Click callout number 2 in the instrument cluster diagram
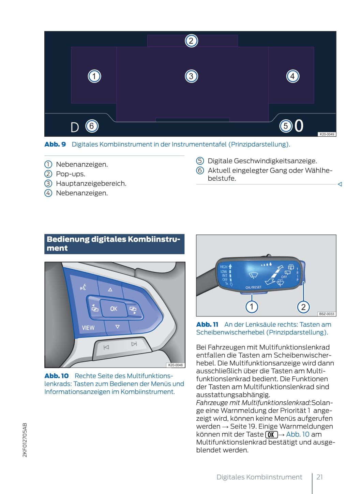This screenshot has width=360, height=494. click(x=191, y=41)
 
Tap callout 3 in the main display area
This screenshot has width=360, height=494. click(x=191, y=76)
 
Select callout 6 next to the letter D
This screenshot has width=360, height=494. click(x=92, y=126)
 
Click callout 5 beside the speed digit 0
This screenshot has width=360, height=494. click(x=286, y=126)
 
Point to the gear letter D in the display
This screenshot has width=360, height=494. click(x=75, y=128)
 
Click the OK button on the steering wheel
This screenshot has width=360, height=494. click(x=114, y=309)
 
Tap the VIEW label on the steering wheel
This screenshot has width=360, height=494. click(x=88, y=328)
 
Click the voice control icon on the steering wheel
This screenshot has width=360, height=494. click(x=83, y=287)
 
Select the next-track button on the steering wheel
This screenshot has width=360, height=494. click(x=134, y=344)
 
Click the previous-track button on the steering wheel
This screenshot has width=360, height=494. click(x=106, y=347)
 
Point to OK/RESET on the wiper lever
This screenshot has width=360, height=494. click(x=253, y=287)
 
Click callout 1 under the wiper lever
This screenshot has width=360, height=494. click(x=252, y=306)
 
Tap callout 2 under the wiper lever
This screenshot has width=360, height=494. click(x=303, y=307)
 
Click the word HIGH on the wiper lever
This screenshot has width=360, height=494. click(x=224, y=267)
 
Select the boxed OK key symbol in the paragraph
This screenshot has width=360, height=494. click(x=271, y=435)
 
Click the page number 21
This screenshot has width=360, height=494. click(x=319, y=477)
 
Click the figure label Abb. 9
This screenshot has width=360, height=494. click(x=55, y=144)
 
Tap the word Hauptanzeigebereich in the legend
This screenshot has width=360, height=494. click(x=91, y=183)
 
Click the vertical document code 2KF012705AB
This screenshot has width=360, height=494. click(x=25, y=440)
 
